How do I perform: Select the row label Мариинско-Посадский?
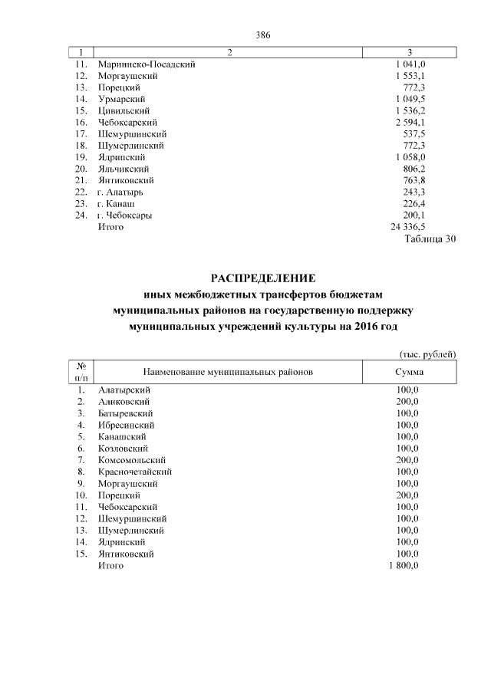pyautogui.click(x=146, y=64)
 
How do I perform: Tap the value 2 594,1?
pyautogui.click(x=410, y=122)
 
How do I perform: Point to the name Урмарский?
pyautogui.click(x=123, y=99)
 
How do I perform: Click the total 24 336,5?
pyautogui.click(x=408, y=228)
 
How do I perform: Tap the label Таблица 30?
pyautogui.click(x=430, y=239)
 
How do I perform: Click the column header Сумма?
pyautogui.click(x=410, y=371)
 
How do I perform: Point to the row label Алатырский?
pyautogui.click(x=124, y=390)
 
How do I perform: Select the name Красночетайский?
pyautogui.click(x=135, y=472)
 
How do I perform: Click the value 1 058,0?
pyautogui.click(x=410, y=157)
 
